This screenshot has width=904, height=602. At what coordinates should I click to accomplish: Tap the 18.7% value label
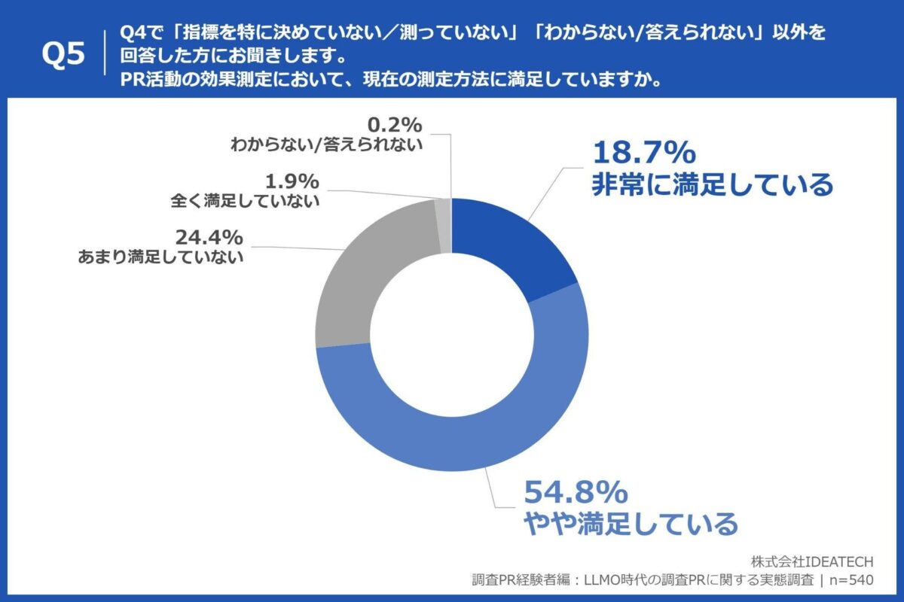tap(643, 154)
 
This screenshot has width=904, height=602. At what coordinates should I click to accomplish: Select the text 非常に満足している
tap(712, 184)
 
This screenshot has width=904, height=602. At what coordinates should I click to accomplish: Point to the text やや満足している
tap(630, 523)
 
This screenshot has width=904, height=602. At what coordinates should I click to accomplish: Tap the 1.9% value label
tap(292, 181)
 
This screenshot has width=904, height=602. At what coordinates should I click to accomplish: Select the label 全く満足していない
tap(246, 201)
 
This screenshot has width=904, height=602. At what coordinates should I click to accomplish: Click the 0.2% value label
tap(396, 123)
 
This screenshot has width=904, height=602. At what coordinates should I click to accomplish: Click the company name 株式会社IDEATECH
tap(813, 561)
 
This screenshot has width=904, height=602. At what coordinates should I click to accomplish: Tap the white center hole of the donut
tap(451, 335)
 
